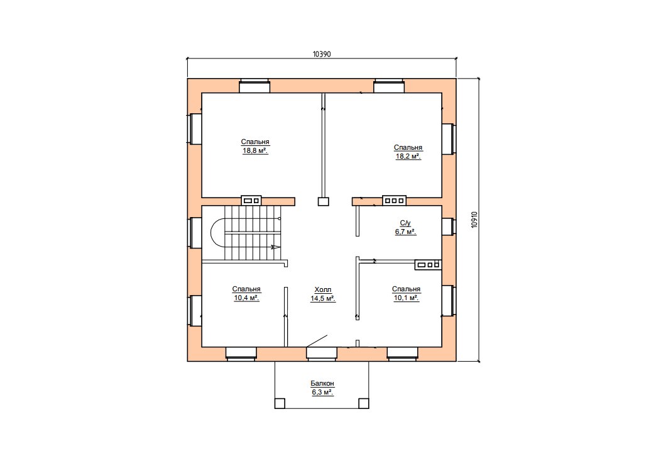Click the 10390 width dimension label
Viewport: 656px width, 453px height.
(x=322, y=54)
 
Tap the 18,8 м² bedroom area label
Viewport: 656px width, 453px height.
(x=254, y=146)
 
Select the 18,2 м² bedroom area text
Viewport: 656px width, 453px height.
(x=408, y=152)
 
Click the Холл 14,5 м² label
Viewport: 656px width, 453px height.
(x=322, y=294)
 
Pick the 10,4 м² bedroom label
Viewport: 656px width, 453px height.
(x=246, y=293)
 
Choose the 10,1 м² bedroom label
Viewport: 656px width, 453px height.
(x=407, y=293)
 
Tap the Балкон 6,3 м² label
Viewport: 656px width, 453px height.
(x=322, y=388)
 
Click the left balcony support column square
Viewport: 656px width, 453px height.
(x=280, y=403)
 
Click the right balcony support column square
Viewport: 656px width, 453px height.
(x=364, y=403)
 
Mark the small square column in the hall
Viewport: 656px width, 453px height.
(x=324, y=201)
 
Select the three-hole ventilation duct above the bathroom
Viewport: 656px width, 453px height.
(x=394, y=201)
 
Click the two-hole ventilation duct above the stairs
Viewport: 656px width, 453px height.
(x=251, y=201)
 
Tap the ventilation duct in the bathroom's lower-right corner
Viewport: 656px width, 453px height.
(x=429, y=264)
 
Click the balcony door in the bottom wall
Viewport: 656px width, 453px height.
(x=321, y=352)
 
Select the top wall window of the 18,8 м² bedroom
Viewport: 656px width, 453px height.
(x=254, y=86)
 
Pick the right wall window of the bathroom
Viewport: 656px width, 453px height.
(x=449, y=226)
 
